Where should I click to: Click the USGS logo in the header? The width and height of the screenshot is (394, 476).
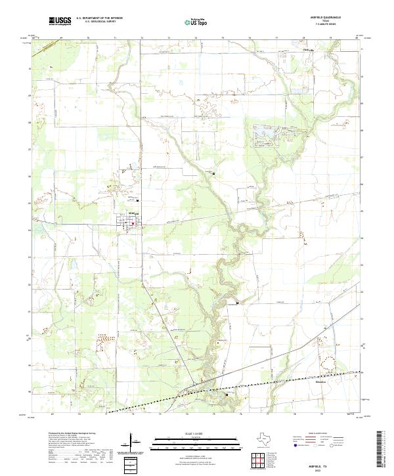pos(60,21)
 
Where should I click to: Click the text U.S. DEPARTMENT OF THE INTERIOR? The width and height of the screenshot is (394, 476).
pos(99,18)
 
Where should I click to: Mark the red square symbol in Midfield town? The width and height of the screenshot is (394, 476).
pos(133,223)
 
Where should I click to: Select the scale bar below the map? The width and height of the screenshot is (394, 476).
pos(197,442)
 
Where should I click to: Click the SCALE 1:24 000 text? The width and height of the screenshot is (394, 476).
pos(197,434)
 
